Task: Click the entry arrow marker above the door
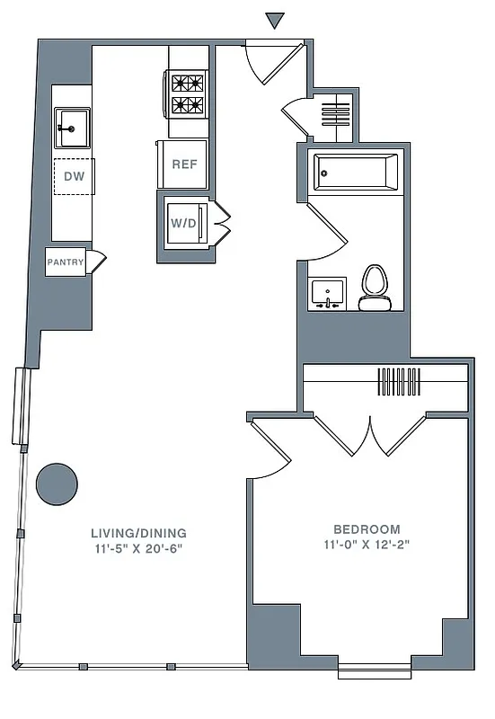pyautogui.click(x=275, y=21)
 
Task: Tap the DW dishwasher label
pyautogui.click(x=75, y=176)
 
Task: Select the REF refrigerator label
pyautogui.click(x=184, y=164)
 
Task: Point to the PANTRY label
pyautogui.click(x=66, y=262)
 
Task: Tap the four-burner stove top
pyautogui.click(x=188, y=93)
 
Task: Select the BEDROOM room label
pyautogui.click(x=367, y=528)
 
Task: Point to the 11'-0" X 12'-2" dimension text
pyautogui.click(x=367, y=545)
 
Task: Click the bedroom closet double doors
pyautogui.click(x=370, y=436)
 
